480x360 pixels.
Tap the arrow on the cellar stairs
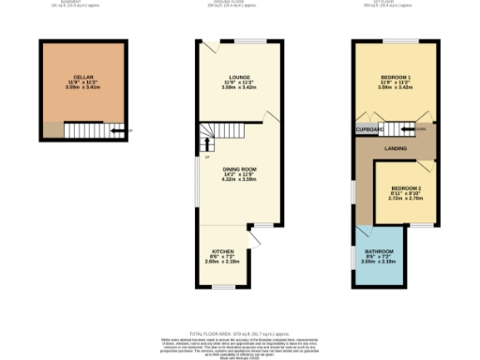pos(116,131)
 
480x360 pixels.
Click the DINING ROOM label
pos(239,169)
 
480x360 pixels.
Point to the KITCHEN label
pos(222,252)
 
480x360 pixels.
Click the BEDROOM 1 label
pos(393,76)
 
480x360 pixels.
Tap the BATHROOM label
pos(379,252)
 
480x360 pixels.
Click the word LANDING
pos(394,148)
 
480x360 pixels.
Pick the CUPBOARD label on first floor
pos(369,129)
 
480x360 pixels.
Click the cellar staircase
pos(90,131)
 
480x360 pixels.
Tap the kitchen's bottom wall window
pos(223,286)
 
